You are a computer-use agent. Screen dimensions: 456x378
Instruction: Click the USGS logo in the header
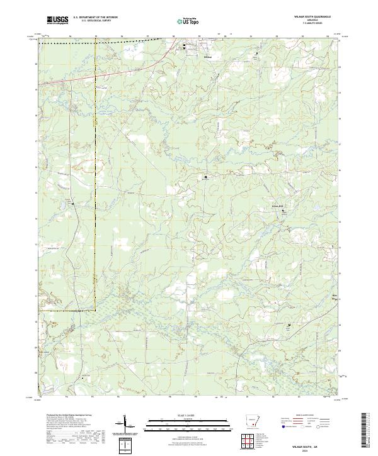pyautogui.click(x=57, y=21)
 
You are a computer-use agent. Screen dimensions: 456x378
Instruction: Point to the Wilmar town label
pyautogui.click(x=209, y=57)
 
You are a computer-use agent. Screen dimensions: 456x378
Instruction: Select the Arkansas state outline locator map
pyautogui.click(x=253, y=424)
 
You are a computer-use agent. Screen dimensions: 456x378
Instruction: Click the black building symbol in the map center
pyautogui.click(x=205, y=178)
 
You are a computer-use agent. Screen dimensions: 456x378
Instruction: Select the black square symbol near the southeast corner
pyautogui.click(x=289, y=325)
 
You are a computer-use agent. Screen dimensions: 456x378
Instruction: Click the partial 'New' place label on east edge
pyautogui.click(x=335, y=294)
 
